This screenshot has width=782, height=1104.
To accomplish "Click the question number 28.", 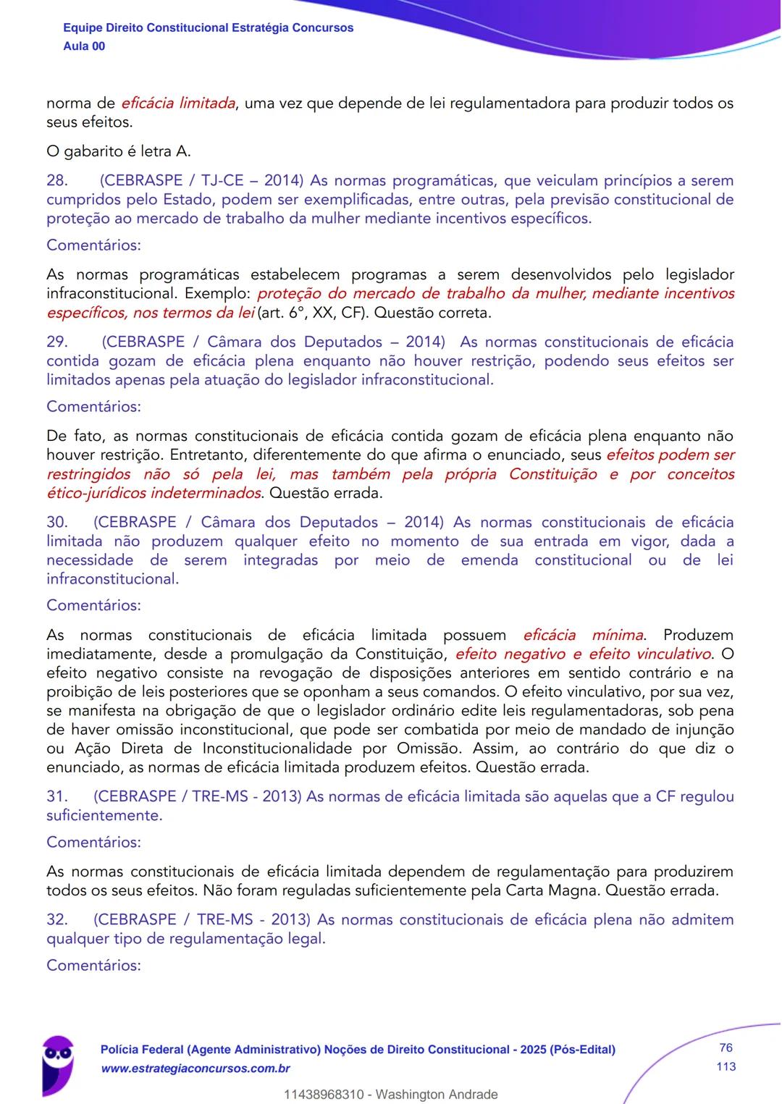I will [x=57, y=181].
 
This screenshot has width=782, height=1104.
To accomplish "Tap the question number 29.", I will [x=57, y=342].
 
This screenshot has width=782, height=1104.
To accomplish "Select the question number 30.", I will [x=57, y=523].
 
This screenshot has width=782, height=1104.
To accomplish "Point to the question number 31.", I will [x=57, y=797].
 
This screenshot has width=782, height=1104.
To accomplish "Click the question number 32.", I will [x=57, y=920].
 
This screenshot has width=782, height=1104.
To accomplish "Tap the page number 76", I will [x=726, y=1048].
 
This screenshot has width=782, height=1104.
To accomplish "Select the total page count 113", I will [x=726, y=1066].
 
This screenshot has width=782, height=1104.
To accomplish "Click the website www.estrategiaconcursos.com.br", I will [x=195, y=1069].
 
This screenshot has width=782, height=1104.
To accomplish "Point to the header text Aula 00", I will [x=84, y=46].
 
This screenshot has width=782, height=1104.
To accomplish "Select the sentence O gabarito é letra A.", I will [x=119, y=152].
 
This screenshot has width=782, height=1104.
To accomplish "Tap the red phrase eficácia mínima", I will [x=583, y=636].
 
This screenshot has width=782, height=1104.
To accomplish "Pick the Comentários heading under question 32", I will [x=93, y=966].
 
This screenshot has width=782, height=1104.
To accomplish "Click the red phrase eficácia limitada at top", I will [x=178, y=104].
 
